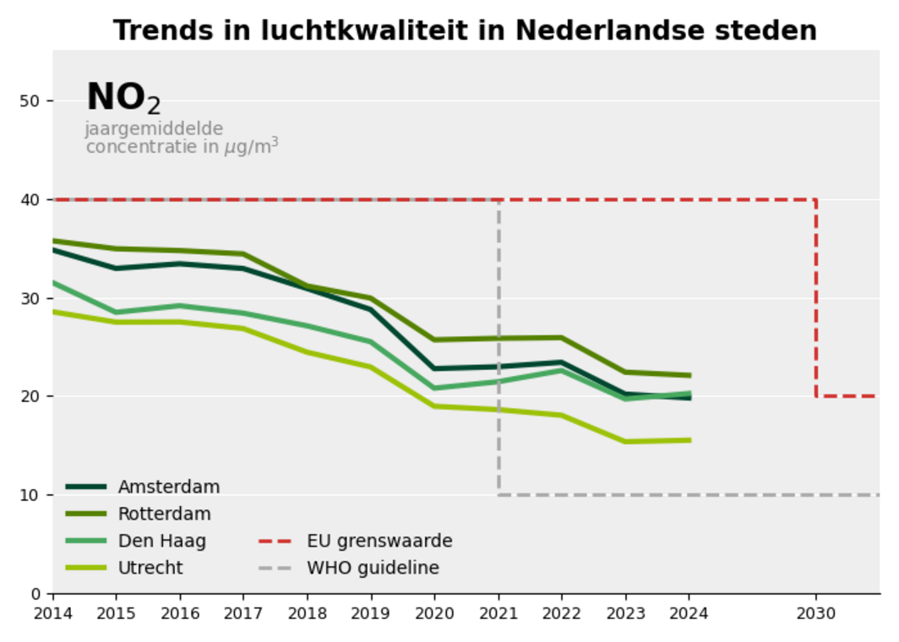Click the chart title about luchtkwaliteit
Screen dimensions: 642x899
point(465,30)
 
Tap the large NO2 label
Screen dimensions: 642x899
point(123,98)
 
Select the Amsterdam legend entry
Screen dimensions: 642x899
point(168,487)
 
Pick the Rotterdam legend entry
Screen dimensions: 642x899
point(164,514)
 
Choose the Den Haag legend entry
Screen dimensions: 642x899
point(161,541)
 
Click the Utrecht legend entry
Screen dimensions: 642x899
point(150,569)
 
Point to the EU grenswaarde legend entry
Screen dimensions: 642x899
point(379,541)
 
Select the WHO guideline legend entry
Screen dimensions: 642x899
point(373,569)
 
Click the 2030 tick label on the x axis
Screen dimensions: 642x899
point(815,612)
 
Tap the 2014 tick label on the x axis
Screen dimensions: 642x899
point(52,612)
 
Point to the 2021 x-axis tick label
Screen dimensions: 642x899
point(498,612)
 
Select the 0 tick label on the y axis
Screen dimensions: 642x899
point(35,593)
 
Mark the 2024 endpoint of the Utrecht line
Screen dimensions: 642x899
point(689,440)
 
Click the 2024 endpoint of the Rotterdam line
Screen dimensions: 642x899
point(689,375)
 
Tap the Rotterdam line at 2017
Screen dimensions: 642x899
point(243,253)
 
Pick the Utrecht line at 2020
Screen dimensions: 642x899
point(434,406)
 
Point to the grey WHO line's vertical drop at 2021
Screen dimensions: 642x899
point(499,347)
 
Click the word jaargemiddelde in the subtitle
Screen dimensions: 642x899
point(154,129)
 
